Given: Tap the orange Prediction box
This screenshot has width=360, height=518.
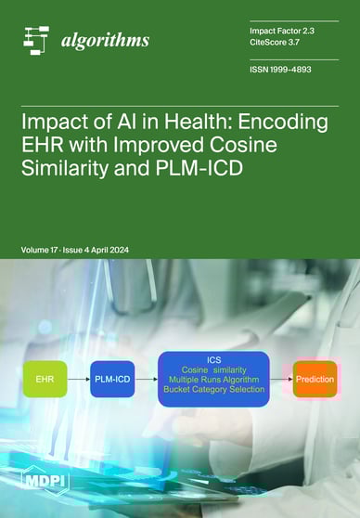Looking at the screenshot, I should tap(315, 379).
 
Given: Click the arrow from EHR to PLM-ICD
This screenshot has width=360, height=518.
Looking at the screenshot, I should tap(79, 379).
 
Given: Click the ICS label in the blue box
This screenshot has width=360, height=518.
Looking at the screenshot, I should tap(212, 357).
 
